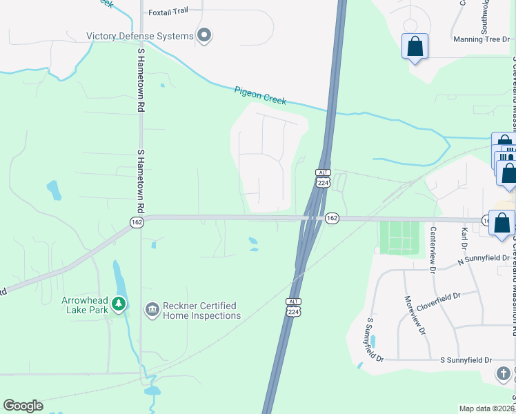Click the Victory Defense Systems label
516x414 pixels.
pyautogui.click(x=139, y=36)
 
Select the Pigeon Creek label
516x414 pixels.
pyautogui.click(x=260, y=95)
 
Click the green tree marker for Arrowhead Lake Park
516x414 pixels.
pyautogui.click(x=119, y=304)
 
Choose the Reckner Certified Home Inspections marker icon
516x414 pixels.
pyautogui.click(x=152, y=310)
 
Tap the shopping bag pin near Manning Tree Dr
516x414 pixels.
pyautogui.click(x=415, y=47)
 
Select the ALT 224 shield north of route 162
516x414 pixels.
pyautogui.click(x=324, y=177)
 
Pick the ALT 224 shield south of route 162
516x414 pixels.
pyautogui.click(x=294, y=307)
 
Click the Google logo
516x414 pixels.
pyautogui.click(x=23, y=406)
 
